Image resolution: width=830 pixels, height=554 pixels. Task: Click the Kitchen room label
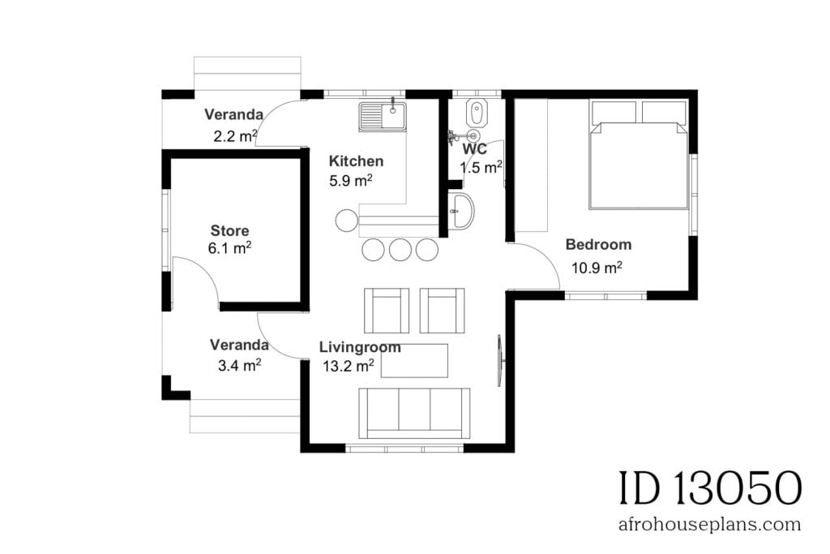coord(357,161)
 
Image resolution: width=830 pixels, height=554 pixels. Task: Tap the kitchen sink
coord(383,116)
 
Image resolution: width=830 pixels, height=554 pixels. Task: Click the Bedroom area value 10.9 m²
coord(597,267)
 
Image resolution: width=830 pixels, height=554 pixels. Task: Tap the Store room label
coord(229,231)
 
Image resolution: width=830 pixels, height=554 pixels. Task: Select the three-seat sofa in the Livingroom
coord(414,412)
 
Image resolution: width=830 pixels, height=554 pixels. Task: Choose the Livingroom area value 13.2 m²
coord(348,366)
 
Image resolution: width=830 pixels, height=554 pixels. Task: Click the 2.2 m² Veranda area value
coord(236,135)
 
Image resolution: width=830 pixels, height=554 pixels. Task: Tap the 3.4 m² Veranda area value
coord(239,366)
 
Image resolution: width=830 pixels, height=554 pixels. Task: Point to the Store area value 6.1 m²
coord(229,249)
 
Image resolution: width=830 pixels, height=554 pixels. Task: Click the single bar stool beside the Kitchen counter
coord(346,220)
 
